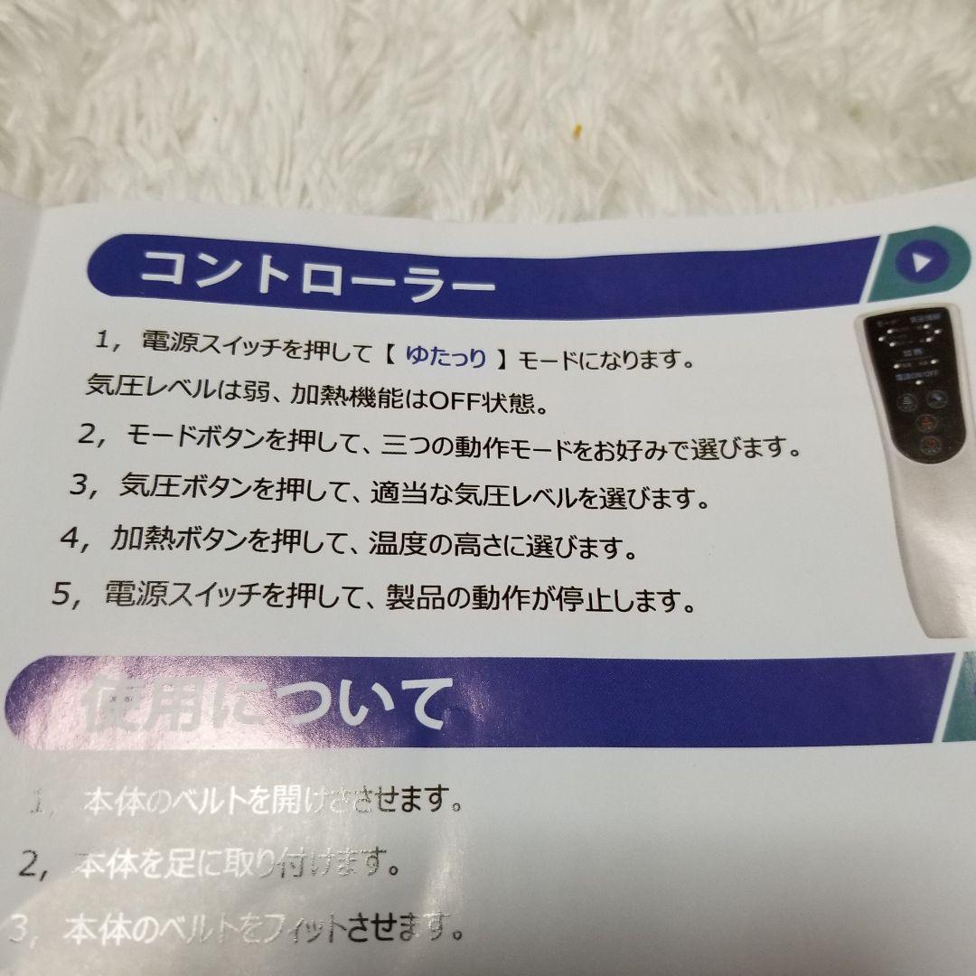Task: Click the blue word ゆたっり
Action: (446, 357)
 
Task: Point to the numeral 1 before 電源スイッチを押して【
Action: (105, 341)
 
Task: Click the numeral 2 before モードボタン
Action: (88, 434)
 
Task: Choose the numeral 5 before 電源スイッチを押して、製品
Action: (62, 593)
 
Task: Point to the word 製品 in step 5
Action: (413, 597)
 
